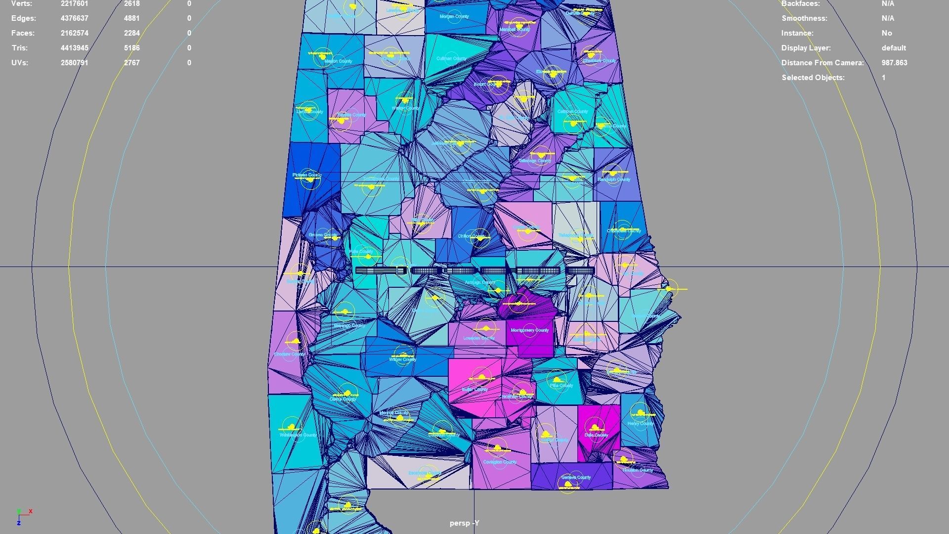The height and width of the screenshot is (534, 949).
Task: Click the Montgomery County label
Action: (x=530, y=330)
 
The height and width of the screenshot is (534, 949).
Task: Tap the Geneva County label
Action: (x=576, y=478)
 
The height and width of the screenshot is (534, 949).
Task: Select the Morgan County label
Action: (x=454, y=17)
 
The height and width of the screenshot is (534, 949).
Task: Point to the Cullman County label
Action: (x=451, y=59)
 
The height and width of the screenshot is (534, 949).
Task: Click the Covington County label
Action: (x=500, y=462)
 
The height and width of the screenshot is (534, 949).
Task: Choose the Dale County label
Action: (x=596, y=436)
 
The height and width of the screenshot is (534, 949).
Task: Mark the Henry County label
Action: (x=640, y=424)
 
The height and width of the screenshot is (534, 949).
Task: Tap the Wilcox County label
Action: (x=402, y=359)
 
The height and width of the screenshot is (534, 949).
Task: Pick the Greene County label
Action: (x=323, y=235)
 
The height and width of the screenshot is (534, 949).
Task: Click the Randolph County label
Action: (x=614, y=180)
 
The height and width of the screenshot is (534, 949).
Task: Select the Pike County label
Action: (x=561, y=386)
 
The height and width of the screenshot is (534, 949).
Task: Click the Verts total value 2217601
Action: (x=75, y=4)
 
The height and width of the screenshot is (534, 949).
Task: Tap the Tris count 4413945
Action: (x=75, y=48)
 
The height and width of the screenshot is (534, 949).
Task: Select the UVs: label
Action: (x=21, y=63)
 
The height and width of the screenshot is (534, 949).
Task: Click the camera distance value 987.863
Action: (x=894, y=63)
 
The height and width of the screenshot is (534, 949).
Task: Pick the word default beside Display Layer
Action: (x=894, y=48)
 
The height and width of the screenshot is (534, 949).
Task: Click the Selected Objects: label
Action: (x=813, y=78)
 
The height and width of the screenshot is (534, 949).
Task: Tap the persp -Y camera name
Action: (x=464, y=523)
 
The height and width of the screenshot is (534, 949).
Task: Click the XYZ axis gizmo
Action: (x=22, y=516)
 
